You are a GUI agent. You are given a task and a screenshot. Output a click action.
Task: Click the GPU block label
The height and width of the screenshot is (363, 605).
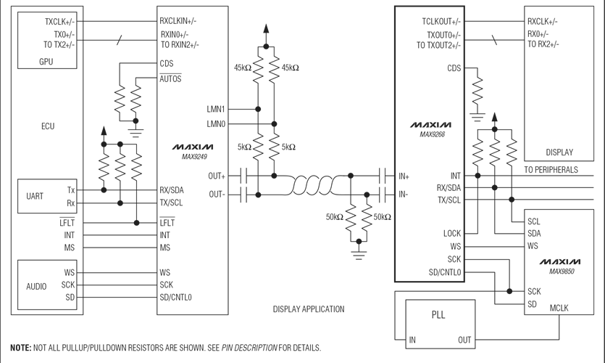click(x=46, y=62)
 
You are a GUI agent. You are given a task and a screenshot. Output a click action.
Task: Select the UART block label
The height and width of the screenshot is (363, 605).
click(x=35, y=196)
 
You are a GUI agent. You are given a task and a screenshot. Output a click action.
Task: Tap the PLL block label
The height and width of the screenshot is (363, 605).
click(x=438, y=314)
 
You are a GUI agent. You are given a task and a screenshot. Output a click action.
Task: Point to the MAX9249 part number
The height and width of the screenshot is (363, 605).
click(x=194, y=157)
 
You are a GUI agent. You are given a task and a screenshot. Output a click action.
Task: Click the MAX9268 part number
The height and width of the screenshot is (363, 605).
click(x=432, y=134)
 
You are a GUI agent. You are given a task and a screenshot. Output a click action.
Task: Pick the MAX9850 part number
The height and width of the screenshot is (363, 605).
click(x=562, y=272)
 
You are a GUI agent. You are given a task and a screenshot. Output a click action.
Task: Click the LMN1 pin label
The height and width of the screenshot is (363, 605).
click(x=216, y=110)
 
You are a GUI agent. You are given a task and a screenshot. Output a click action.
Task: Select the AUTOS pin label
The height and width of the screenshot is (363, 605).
click(x=170, y=78)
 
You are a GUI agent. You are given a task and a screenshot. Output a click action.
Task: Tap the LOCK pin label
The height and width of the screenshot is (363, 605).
click(x=452, y=234)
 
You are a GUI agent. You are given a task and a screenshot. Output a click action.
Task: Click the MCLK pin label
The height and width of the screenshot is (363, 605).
click(x=559, y=308)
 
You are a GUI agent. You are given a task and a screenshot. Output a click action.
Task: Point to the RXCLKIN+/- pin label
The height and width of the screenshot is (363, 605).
click(x=178, y=21)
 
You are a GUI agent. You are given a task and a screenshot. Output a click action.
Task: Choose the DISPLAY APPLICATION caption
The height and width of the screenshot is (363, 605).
click(x=309, y=309)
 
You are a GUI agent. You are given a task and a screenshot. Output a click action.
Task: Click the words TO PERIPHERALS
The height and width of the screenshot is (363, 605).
click(x=551, y=170)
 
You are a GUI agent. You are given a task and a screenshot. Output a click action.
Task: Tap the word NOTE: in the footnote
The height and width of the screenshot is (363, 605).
click(x=20, y=348)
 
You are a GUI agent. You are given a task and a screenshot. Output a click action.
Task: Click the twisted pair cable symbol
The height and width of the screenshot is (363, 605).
click(x=317, y=185)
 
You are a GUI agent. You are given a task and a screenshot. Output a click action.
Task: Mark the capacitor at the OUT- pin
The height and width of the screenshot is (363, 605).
click(x=243, y=195)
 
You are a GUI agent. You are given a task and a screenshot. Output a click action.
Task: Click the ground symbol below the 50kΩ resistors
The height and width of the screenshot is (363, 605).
click(x=359, y=255)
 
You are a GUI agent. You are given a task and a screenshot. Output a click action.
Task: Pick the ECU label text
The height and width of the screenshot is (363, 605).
click(x=48, y=126)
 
